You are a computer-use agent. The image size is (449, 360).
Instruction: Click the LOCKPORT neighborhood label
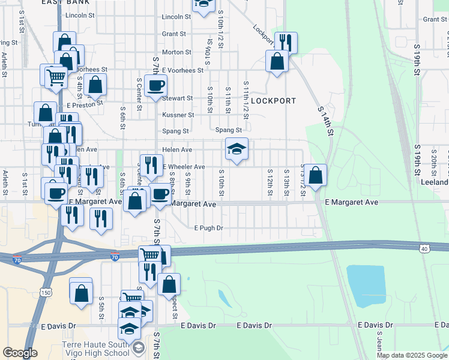[x=273, y=101]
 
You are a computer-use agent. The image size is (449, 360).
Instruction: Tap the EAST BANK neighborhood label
[x=66, y=2]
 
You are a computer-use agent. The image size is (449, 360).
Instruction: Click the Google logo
[x=20, y=353]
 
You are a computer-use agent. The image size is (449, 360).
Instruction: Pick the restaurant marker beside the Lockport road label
[x=286, y=42]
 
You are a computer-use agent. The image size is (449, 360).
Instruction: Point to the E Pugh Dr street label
[x=208, y=228]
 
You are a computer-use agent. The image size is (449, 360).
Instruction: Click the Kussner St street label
[x=178, y=115]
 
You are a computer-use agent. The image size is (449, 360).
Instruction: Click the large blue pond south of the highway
[x=366, y=285]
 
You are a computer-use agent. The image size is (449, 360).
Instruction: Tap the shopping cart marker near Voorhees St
[x=56, y=76]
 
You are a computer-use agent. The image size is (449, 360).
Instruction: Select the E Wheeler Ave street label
[x=183, y=167]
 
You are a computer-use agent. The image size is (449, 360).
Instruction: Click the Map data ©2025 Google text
[x=411, y=355]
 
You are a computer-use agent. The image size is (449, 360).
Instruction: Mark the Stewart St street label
[x=177, y=98]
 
